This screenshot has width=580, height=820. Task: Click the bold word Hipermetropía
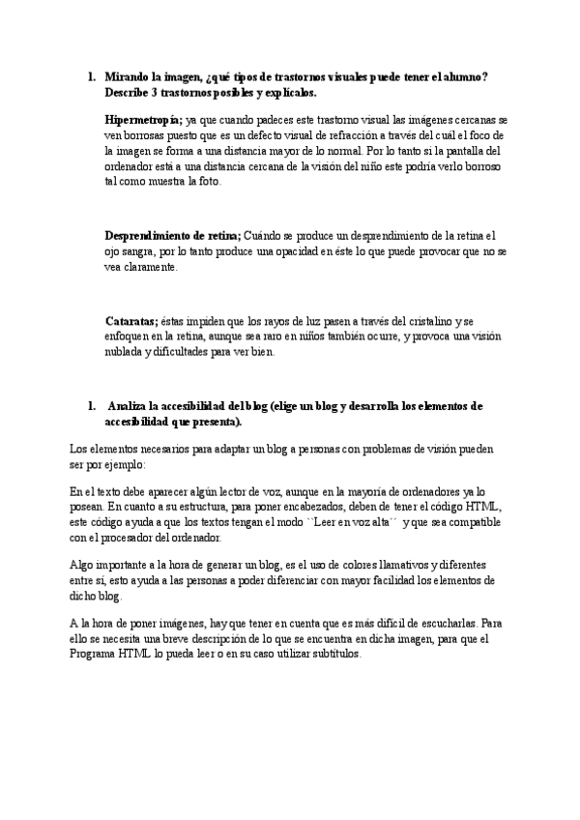coord(142,119)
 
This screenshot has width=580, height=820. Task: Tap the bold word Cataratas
coord(131,320)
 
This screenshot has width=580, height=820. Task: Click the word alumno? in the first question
coord(464,76)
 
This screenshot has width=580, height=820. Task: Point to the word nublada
coord(128,352)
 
